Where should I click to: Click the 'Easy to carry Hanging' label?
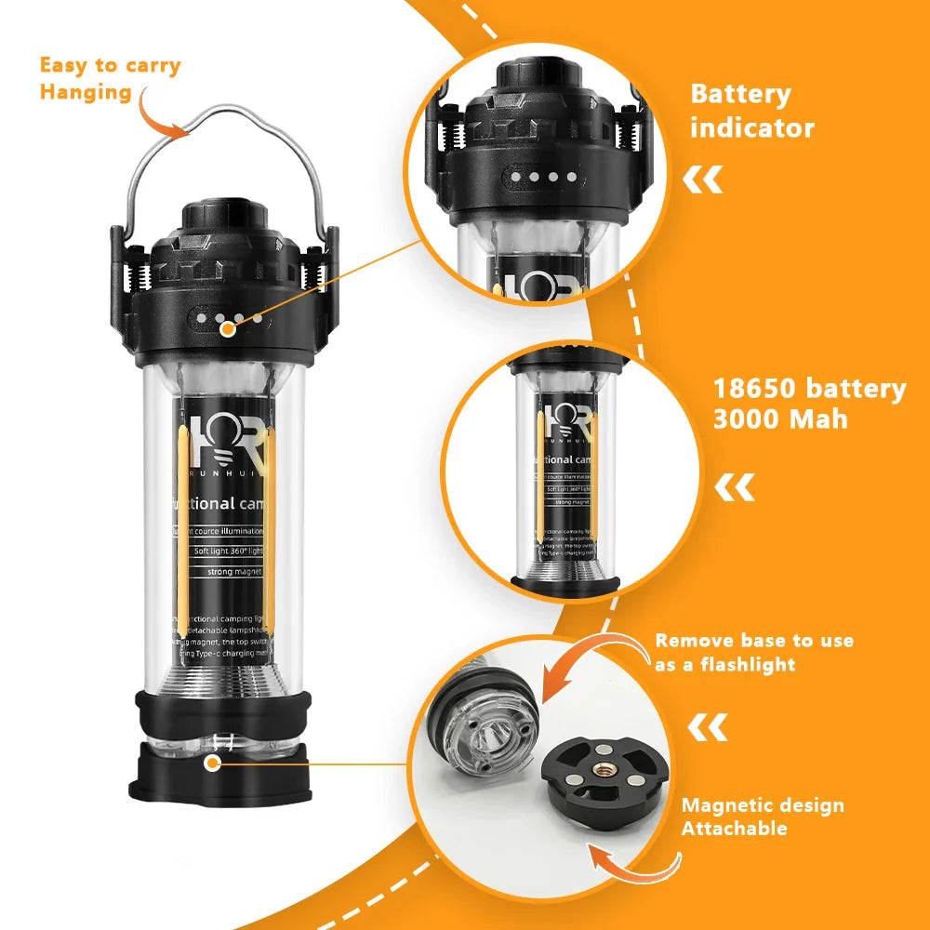click(110, 78)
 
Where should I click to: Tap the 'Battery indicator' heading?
click(751, 111)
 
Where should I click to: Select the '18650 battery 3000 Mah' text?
click(809, 403)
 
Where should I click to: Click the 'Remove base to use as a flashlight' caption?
click(753, 652)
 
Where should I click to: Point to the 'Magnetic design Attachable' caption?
click(763, 817)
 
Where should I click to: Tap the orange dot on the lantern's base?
click(214, 764)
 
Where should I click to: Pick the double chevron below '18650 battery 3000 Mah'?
click(734, 486)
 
